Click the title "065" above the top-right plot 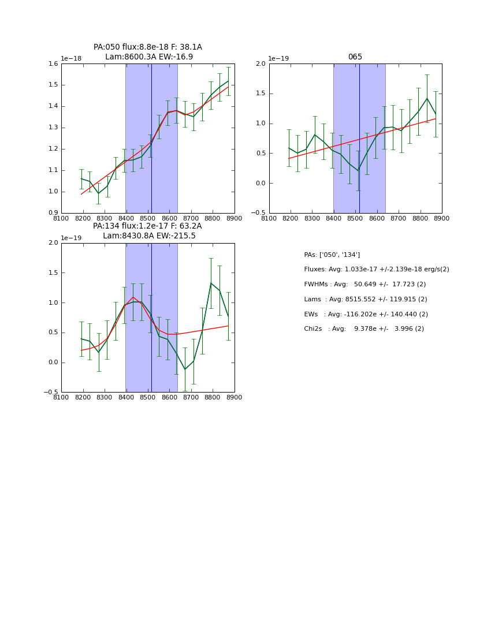(x=355, y=57)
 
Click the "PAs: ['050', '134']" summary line (x=332, y=255)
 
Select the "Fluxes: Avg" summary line (x=376, y=270)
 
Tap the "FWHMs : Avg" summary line (x=364, y=285)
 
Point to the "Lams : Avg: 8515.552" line (x=365, y=300)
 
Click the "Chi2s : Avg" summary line (x=364, y=329)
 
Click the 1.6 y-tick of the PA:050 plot (x=53, y=64)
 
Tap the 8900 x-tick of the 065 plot (x=442, y=218)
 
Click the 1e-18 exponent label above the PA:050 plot (x=71, y=59)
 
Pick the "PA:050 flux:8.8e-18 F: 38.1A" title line (x=148, y=47)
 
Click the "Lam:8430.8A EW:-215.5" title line (x=149, y=236)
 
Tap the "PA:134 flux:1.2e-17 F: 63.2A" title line (x=147, y=226)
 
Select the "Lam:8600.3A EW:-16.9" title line (x=149, y=57)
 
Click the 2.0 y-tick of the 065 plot (x=261, y=64)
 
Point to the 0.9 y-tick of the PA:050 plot (x=53, y=213)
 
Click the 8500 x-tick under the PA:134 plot (x=148, y=397)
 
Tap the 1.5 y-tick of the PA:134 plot (x=53, y=273)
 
